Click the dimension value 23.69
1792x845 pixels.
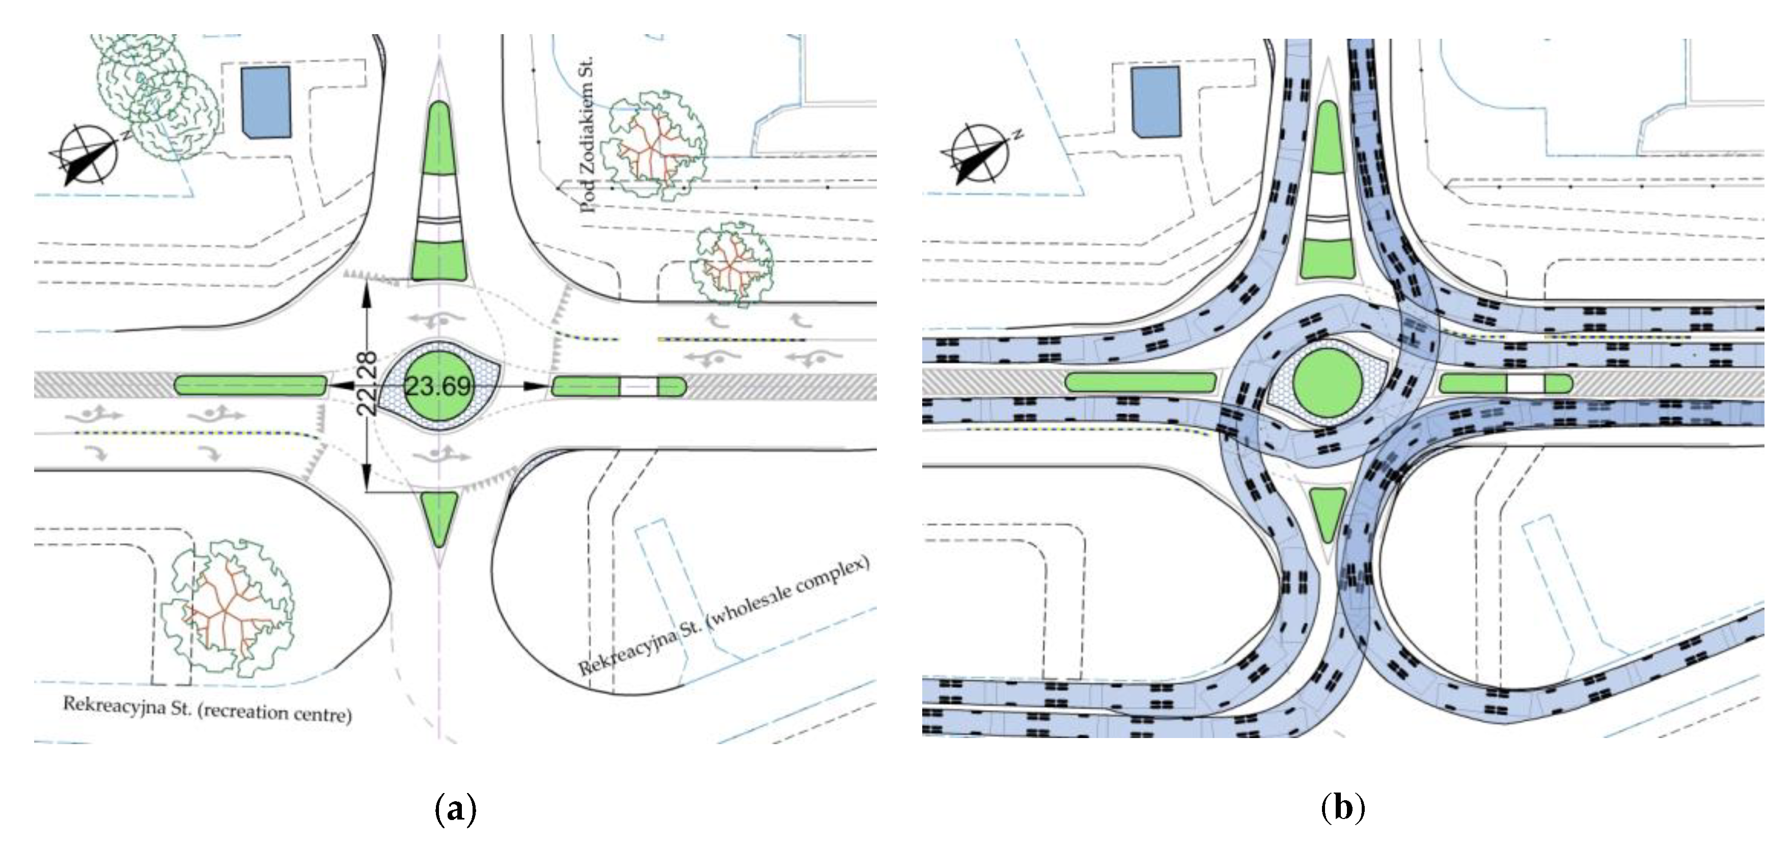438,385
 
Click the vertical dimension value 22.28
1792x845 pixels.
367,384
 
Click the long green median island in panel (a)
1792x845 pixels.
251,386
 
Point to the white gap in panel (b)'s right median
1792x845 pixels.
1525,384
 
